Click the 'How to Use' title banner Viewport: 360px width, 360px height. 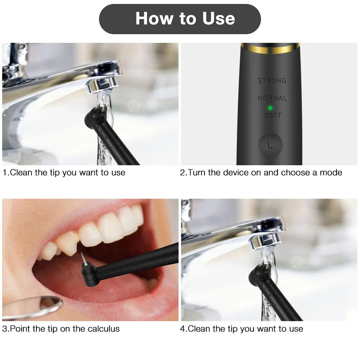[180, 19]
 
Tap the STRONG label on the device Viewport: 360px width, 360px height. [272, 81]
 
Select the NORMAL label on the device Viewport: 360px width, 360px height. [272, 98]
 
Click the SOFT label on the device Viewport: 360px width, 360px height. [272, 116]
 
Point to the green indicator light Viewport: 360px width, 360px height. [269, 107]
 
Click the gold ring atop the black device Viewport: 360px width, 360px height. [269, 46]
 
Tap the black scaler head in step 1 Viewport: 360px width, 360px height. [94, 117]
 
